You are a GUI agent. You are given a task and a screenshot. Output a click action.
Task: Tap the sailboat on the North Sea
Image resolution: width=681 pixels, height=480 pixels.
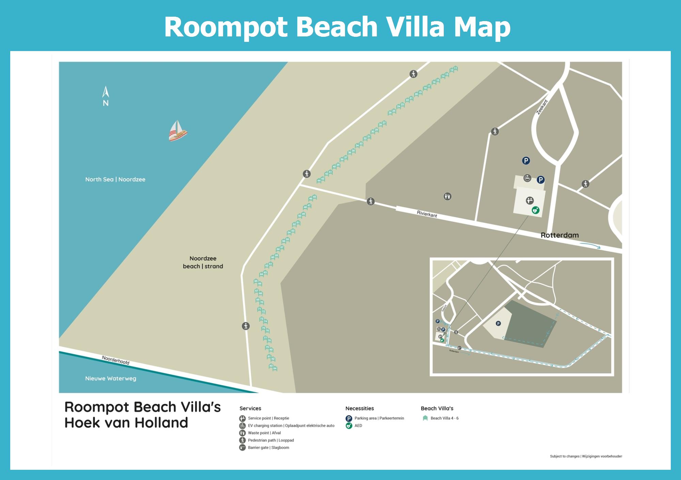177,131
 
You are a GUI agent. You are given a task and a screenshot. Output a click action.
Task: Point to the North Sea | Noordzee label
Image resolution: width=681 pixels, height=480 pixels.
115,179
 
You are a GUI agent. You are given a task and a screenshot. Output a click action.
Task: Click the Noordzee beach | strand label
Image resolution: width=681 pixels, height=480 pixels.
203,262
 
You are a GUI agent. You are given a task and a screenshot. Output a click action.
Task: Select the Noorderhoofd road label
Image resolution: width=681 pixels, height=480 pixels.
116,360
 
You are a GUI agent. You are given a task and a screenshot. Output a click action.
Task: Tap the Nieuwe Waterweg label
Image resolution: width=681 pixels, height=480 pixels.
111,379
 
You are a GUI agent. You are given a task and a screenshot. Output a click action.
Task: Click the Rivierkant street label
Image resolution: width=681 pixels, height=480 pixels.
427,214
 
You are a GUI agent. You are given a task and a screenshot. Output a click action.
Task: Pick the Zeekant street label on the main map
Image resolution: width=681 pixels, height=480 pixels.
542,107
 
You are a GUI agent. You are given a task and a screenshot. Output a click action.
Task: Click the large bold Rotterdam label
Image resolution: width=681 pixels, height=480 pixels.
559,235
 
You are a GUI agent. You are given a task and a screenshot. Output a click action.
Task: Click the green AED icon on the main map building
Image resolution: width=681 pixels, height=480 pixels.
536,210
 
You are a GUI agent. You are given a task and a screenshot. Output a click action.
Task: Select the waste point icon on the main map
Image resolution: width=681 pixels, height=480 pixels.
447,196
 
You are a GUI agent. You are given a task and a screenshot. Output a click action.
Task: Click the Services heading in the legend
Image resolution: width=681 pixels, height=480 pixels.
250,409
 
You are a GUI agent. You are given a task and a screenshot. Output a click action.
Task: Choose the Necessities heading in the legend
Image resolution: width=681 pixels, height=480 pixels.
360,409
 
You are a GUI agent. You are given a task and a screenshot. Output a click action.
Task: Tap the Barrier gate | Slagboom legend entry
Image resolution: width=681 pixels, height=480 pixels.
268,448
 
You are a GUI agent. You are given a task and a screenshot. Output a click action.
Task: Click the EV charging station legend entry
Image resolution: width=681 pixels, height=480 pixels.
291,426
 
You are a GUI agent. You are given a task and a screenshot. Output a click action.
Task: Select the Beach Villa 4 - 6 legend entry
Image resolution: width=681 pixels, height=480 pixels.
444,418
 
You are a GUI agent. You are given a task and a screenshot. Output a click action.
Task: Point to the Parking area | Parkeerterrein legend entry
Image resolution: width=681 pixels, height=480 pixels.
379,418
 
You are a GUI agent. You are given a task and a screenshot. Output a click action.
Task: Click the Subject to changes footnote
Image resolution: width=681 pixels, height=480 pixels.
586,456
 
